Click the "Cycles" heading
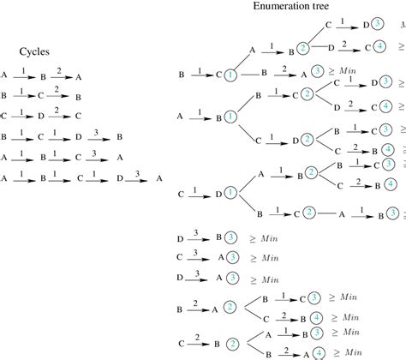[37, 51]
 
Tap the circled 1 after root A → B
[230, 116]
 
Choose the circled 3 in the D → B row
[220, 237]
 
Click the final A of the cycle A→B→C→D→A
[159, 178]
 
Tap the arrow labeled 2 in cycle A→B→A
[58, 75]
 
